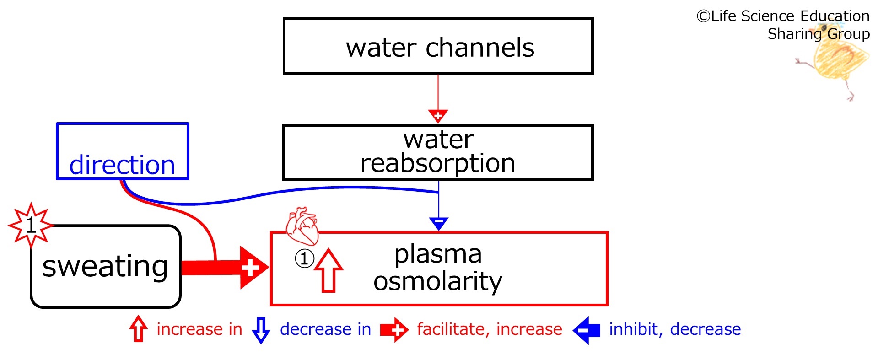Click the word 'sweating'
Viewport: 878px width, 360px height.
(x=105, y=267)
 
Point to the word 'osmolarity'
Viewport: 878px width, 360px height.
(x=438, y=281)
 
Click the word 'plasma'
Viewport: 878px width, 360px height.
(x=438, y=255)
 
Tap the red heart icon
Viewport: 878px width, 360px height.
(x=302, y=226)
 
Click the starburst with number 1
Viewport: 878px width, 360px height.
(x=31, y=225)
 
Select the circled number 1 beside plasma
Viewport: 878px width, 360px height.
(x=304, y=258)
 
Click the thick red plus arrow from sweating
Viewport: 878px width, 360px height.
(x=225, y=268)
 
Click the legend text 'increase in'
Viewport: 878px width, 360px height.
(x=199, y=329)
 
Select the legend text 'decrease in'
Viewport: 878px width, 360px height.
(x=325, y=329)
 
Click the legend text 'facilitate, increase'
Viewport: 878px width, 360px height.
(x=490, y=329)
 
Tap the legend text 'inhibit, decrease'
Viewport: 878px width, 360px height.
(x=675, y=329)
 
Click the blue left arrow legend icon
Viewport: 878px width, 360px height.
(x=587, y=330)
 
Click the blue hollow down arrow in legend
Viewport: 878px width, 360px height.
(x=261, y=330)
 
